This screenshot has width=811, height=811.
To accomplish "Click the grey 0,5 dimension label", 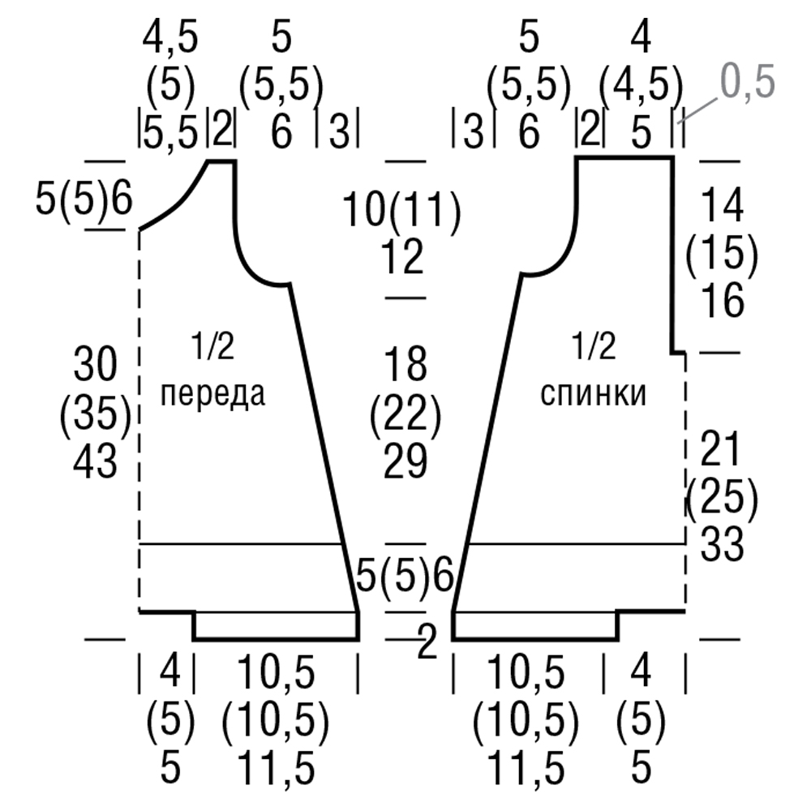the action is tap(748, 81).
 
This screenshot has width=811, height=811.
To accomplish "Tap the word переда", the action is tap(212, 393).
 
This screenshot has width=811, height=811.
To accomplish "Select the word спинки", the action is tap(594, 394).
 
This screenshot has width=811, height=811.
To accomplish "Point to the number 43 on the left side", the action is tap(95, 462).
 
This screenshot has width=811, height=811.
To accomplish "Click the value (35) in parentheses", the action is tap(96, 414).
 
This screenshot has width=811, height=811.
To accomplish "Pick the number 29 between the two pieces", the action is tap(405, 462).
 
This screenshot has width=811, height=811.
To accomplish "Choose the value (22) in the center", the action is tap(405, 414).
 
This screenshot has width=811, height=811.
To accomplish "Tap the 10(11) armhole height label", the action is tap(401, 209).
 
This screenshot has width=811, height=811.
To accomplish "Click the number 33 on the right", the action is tap(722, 544).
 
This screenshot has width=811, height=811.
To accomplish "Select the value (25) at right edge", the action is tap(722, 497).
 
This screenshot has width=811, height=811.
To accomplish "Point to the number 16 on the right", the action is tap(723, 300).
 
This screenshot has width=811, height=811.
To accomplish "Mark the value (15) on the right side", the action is tap(722, 253).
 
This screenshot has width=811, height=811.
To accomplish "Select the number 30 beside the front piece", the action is tap(95, 365).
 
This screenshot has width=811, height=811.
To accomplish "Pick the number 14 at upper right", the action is tap(723, 205).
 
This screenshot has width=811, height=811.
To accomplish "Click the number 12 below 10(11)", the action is tap(402, 256).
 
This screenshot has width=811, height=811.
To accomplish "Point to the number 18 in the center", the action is tap(405, 365).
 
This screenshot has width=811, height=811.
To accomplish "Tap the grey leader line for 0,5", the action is tap(699, 109).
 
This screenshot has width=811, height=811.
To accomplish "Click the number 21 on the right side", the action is tap(720, 449).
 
